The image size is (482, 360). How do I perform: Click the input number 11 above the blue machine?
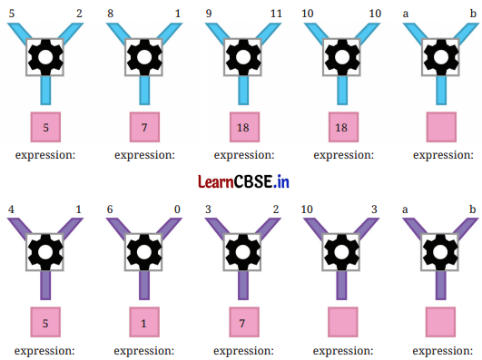(276, 15)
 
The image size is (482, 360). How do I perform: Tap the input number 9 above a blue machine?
(210, 15)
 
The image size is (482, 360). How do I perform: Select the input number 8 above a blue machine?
(110, 15)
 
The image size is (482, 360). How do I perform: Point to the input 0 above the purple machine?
(177, 209)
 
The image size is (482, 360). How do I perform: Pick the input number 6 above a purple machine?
(110, 209)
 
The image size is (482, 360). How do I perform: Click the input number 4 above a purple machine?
(11, 209)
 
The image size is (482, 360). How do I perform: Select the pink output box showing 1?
(143, 322)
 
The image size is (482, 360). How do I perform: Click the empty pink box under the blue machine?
(441, 127)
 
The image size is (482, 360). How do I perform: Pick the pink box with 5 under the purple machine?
(44, 322)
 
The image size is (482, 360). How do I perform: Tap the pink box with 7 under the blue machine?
(143, 127)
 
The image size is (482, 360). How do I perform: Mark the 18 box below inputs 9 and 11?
(242, 127)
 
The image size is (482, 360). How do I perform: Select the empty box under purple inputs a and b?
(441, 322)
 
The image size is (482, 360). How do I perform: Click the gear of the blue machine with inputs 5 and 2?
(44, 57)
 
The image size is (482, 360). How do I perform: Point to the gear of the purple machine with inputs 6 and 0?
(143, 251)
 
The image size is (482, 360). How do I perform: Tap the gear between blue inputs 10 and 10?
(342, 57)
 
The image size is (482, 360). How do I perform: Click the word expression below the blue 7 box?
(143, 155)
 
